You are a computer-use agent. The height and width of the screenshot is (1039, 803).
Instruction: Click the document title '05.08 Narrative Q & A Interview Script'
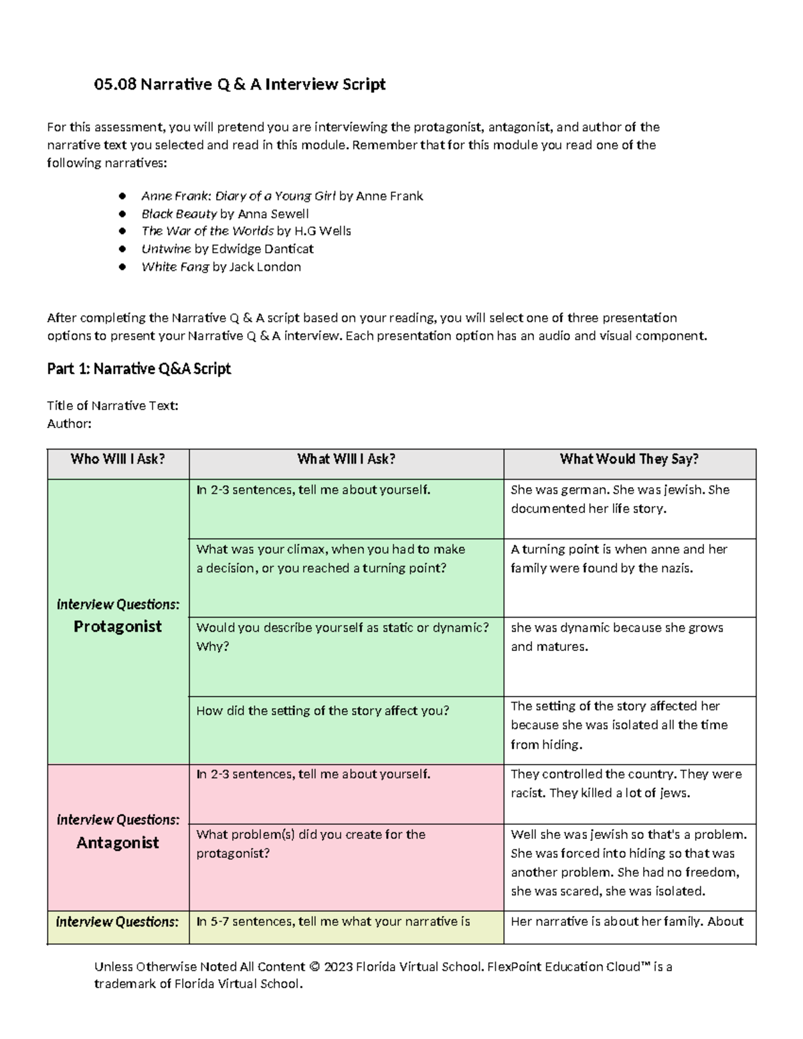tap(240, 84)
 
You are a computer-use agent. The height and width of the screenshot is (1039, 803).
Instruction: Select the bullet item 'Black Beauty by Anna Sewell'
tap(225, 214)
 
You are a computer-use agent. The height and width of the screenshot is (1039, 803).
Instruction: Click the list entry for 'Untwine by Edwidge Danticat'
tap(227, 249)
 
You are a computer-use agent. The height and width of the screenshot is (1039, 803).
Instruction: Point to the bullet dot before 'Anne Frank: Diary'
tap(122, 196)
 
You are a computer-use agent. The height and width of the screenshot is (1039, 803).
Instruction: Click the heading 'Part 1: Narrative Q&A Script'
tap(139, 369)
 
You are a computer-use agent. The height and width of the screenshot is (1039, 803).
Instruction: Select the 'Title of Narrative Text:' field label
tap(112, 405)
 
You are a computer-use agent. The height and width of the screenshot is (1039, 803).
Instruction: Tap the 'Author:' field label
tap(69, 423)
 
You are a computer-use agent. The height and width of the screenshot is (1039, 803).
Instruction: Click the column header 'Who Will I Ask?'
tap(118, 459)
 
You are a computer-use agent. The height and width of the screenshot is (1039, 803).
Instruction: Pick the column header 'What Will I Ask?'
tap(346, 459)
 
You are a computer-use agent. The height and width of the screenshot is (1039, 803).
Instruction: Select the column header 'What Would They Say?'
tap(629, 459)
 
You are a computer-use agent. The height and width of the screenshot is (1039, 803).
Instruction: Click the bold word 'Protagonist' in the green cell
tap(118, 627)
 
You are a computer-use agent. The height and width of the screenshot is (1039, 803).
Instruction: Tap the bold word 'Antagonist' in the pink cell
tap(118, 843)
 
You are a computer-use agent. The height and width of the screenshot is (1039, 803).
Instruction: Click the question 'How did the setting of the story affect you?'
tap(323, 711)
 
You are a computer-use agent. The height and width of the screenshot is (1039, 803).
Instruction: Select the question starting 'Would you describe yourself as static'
tap(342, 628)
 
